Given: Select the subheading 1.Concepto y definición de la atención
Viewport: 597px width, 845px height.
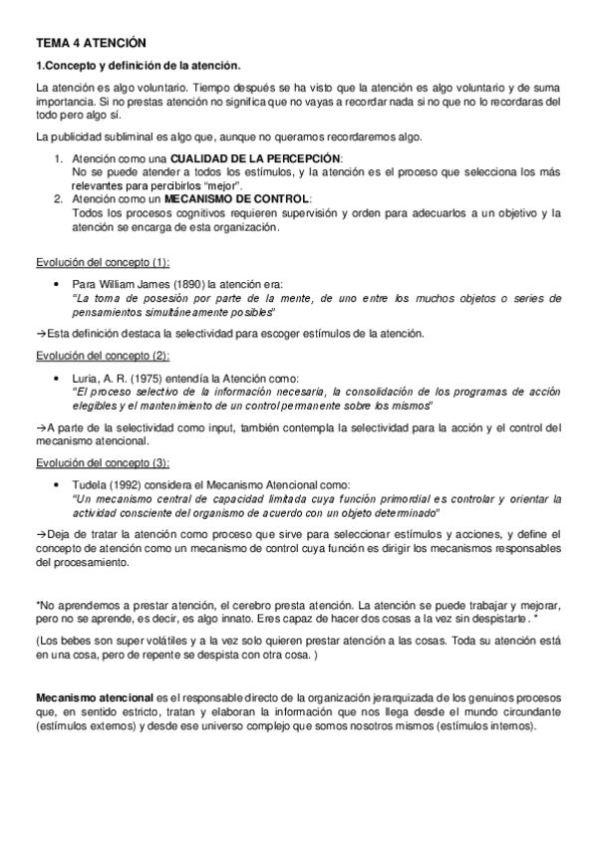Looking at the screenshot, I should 138,66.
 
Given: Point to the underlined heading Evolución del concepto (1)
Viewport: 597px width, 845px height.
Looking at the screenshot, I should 102,262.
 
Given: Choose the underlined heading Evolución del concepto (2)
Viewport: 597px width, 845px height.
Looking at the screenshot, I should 102,355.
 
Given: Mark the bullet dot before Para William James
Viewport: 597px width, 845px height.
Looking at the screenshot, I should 61,285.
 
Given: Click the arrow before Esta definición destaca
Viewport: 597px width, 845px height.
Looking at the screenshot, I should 40,333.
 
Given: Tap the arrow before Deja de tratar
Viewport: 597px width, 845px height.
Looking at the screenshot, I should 40,533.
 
